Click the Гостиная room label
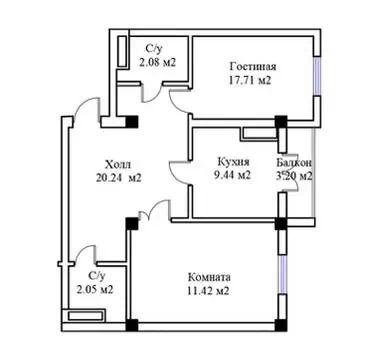(x=253, y=66)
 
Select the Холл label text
(x=118, y=164)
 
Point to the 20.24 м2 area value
(x=119, y=178)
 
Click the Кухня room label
(x=233, y=162)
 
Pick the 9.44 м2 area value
(x=234, y=175)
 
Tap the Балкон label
(x=294, y=163)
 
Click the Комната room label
(x=209, y=277)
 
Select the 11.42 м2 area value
(x=208, y=291)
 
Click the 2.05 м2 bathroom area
(x=95, y=289)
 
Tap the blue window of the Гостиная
(x=317, y=76)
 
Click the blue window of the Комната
(x=282, y=275)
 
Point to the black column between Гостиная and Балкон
(x=281, y=121)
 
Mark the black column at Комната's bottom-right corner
(x=281, y=325)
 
